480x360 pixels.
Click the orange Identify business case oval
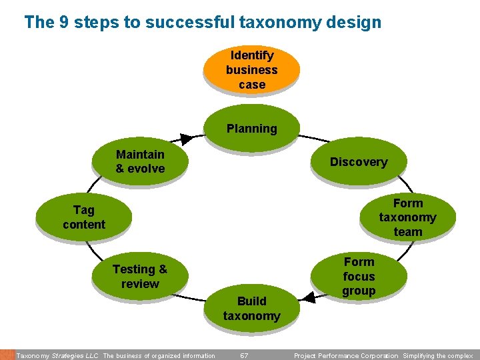251,69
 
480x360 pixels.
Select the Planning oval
251,128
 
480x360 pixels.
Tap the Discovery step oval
358,161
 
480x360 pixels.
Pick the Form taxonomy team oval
407,217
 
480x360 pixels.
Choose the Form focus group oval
359,276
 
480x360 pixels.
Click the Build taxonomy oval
251,308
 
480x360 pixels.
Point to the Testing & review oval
139,276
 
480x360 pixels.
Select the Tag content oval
84,217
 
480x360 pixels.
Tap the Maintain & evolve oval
139,161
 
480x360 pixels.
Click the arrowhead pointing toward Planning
187,139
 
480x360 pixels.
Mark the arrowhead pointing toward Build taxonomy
307,296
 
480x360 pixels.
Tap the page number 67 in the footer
244,355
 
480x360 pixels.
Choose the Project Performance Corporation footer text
346,355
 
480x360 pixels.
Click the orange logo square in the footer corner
7,355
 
